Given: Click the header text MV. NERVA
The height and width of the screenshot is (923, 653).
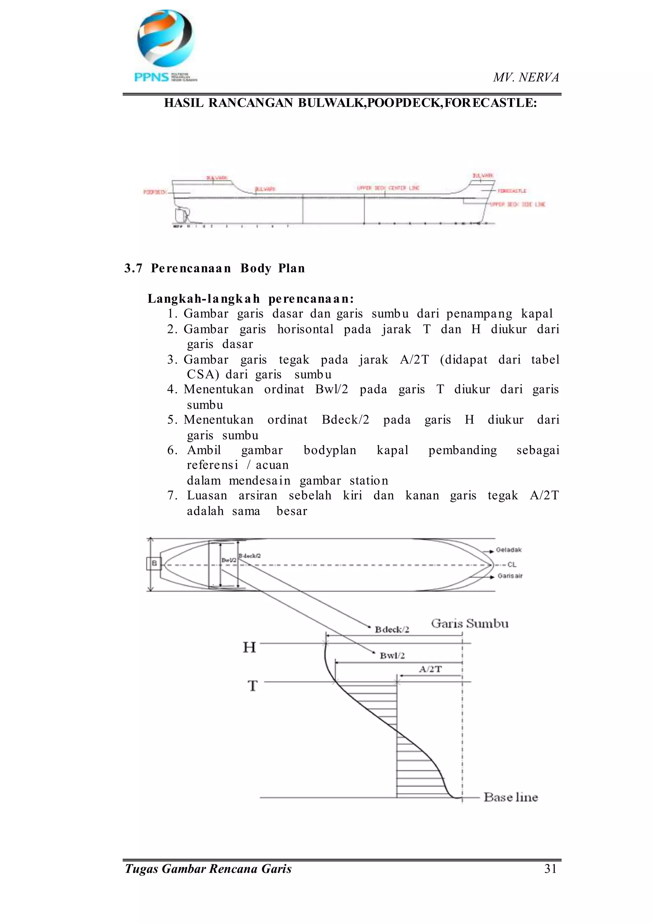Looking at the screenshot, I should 526,77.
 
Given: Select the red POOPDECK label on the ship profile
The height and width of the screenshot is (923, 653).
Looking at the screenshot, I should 155,192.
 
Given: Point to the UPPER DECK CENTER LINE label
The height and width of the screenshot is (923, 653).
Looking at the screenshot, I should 388,188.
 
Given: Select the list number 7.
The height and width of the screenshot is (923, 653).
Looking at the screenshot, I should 172,495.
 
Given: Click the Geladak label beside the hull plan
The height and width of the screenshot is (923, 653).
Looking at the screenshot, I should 509,549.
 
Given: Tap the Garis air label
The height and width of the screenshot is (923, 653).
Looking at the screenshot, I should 510,576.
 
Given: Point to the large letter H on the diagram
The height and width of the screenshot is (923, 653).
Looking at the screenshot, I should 249,647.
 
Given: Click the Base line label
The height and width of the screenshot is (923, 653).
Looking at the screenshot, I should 511,797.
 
